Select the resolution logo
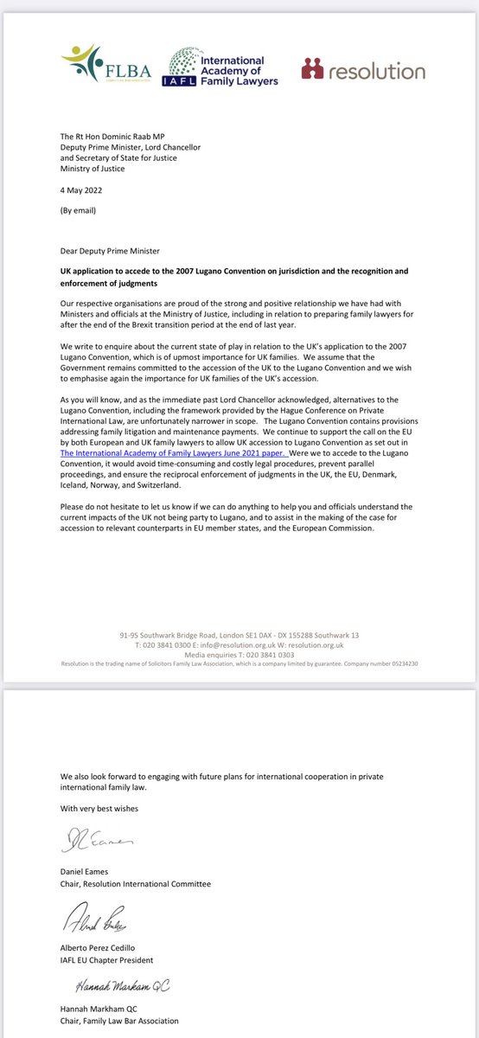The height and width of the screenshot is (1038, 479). (x=363, y=70)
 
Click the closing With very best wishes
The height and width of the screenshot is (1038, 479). (x=99, y=808)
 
